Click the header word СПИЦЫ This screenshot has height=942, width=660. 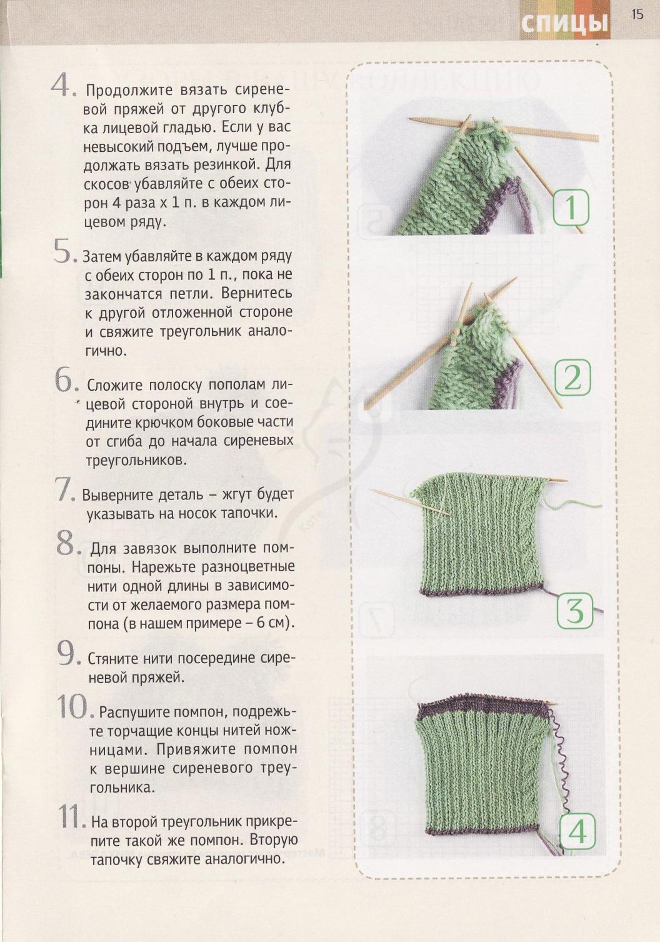pyautogui.click(x=565, y=24)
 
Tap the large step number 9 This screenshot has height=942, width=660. pyautogui.click(x=68, y=653)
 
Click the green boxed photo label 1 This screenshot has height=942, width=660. pyautogui.click(x=571, y=207)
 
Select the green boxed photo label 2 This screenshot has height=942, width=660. pyautogui.click(x=572, y=377)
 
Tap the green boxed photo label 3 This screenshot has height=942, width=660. pyautogui.click(x=574, y=611)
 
